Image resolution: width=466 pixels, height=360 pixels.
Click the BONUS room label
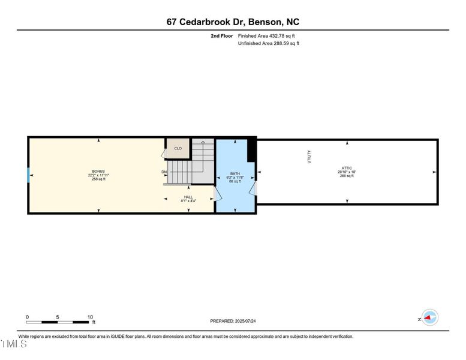[x=98, y=171]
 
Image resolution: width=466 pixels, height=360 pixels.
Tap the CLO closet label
[x=178, y=148]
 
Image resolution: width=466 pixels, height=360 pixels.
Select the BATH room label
[x=235, y=174]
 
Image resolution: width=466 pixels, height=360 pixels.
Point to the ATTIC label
[x=347, y=168]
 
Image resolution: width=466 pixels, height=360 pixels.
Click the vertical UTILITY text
[x=309, y=157]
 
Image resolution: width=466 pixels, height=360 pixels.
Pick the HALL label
[x=188, y=197]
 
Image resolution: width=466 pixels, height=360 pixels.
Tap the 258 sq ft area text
[x=98, y=179]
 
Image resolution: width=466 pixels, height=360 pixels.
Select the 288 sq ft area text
[x=347, y=176]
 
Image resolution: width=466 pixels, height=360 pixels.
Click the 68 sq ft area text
[x=235, y=181]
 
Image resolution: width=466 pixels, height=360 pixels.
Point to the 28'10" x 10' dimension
[x=347, y=172]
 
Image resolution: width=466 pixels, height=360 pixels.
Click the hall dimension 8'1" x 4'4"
[x=188, y=201]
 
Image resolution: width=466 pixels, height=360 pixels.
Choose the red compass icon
[x=430, y=318]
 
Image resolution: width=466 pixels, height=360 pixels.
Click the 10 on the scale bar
[x=89, y=317]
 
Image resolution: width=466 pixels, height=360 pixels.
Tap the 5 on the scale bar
[x=58, y=317]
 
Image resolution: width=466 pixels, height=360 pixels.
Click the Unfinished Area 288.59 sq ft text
[x=269, y=43]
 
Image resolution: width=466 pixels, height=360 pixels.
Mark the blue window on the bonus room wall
[x=28, y=175]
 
